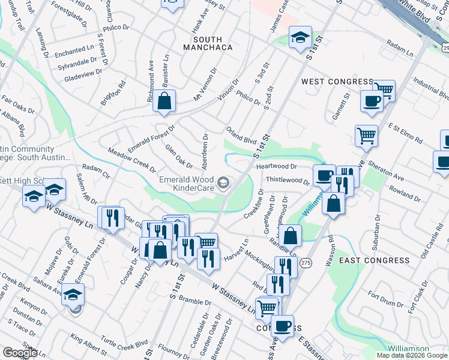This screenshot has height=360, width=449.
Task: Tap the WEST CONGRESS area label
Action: [x=337, y=82]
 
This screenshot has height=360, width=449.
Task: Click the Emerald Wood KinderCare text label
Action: [x=185, y=184]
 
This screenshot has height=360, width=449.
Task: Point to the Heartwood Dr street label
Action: [x=277, y=166]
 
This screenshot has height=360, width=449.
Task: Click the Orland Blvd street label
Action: [x=241, y=136]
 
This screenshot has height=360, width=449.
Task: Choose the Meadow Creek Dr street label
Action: [x=128, y=158]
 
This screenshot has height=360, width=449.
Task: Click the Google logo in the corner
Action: [x=20, y=352]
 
